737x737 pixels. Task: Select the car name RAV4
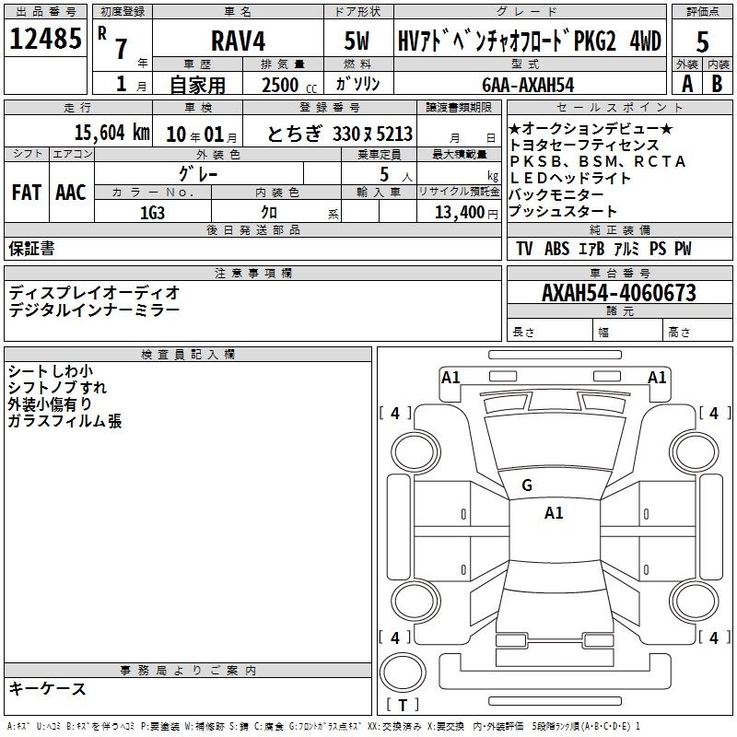(238, 41)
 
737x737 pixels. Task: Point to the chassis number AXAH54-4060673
(619, 293)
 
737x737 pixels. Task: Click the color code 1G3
(153, 211)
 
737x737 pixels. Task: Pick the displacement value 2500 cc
(287, 85)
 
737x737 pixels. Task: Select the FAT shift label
(26, 192)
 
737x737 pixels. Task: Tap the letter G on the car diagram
(527, 485)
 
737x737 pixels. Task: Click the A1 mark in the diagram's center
(554, 513)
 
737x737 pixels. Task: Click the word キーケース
(48, 688)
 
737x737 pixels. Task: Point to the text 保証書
(31, 249)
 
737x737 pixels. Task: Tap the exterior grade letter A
(686, 84)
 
